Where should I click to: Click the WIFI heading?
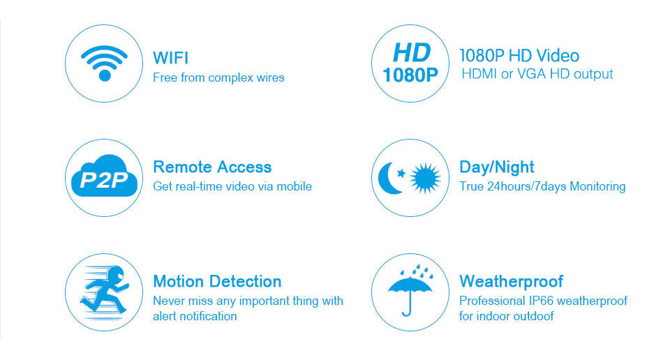(170, 58)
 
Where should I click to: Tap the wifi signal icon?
(104, 63)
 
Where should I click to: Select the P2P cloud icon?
(104, 176)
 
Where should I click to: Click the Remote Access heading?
(212, 167)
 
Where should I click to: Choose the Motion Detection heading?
(217, 281)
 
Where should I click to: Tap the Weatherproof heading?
(511, 281)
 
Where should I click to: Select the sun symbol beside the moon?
(425, 178)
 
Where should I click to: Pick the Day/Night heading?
(496, 167)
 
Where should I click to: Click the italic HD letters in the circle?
(411, 53)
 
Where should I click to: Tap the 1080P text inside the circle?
(410, 75)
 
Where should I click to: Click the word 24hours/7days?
(528, 186)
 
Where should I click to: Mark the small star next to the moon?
(401, 173)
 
